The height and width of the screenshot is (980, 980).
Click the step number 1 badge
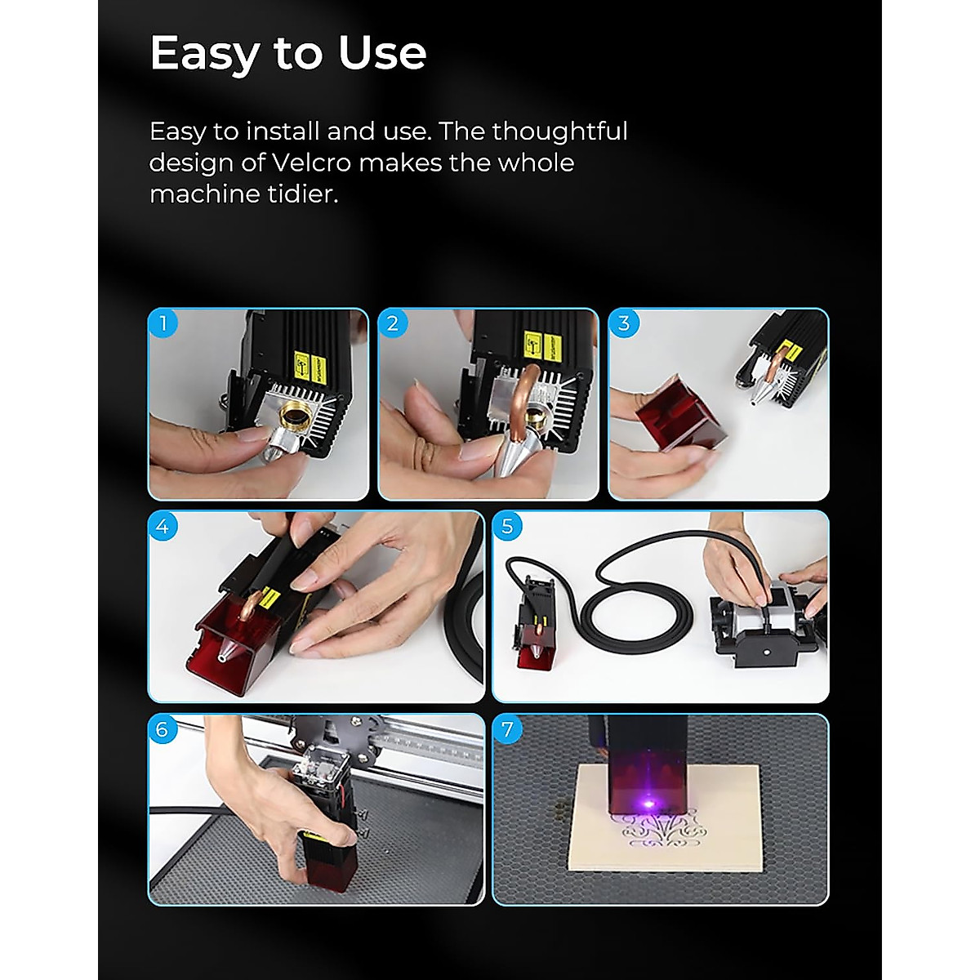point(163,323)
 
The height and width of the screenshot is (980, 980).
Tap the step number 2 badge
point(393,323)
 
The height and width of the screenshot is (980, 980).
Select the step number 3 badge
point(624,323)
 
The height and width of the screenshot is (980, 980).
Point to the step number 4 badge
point(163,527)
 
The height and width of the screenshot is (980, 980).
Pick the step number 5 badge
point(507,527)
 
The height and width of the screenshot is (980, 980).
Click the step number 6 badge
point(163,729)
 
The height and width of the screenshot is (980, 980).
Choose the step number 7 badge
point(507,729)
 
